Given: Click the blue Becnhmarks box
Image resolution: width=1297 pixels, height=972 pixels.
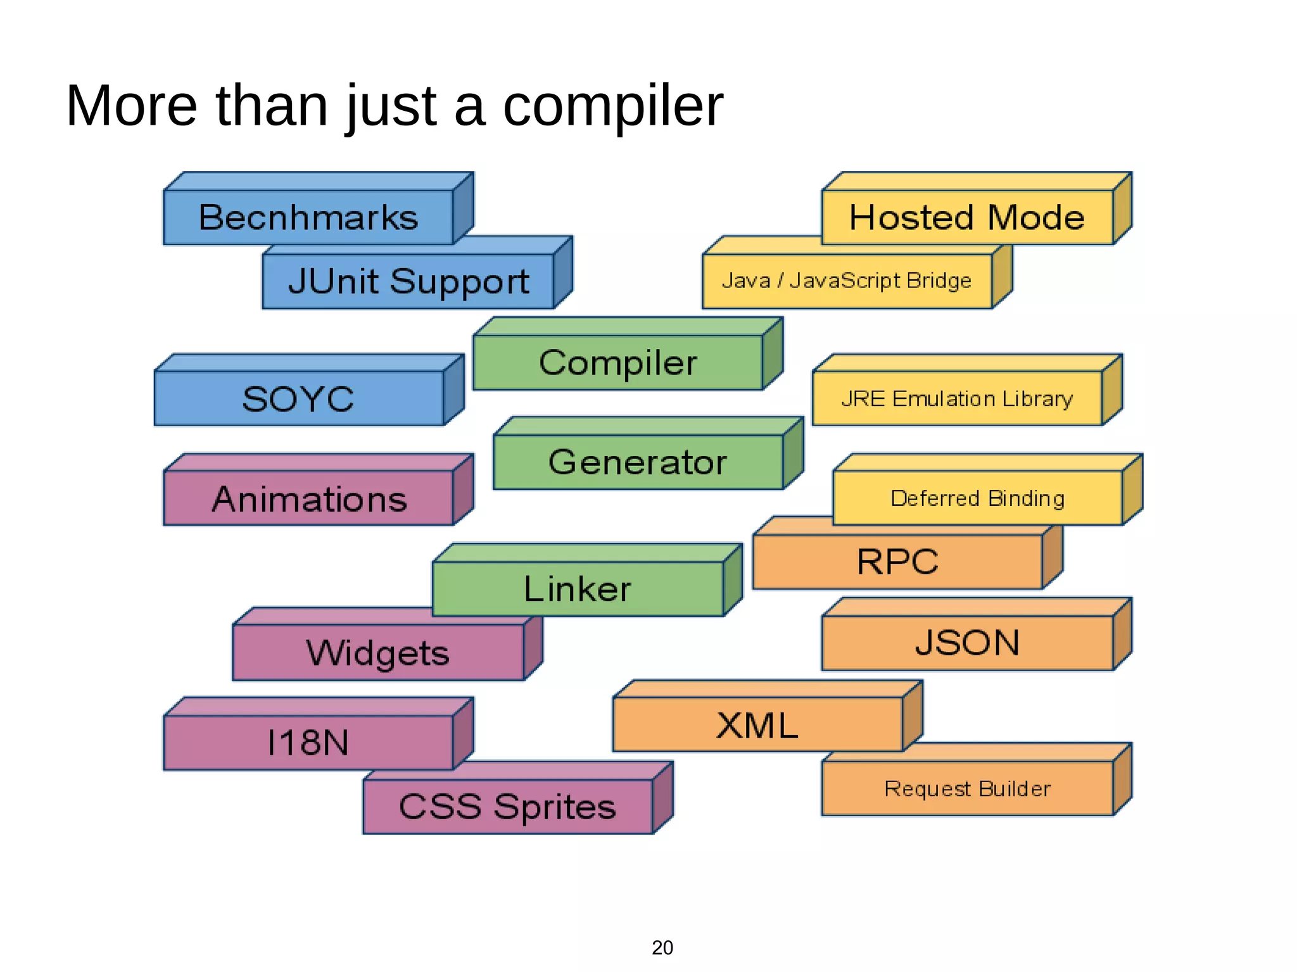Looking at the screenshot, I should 308,217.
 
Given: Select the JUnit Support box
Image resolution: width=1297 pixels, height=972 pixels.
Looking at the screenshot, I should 408,281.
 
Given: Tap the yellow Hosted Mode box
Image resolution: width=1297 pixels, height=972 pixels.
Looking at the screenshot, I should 967,217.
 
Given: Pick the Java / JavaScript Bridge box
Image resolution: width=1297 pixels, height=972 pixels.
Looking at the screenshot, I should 847,281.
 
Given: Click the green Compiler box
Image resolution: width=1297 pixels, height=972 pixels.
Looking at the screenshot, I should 618,362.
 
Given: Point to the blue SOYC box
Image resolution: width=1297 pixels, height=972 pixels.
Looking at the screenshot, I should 298,398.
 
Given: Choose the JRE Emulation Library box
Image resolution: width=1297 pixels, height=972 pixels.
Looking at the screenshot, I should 957,398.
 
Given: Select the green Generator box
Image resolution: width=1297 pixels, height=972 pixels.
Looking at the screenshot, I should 638,462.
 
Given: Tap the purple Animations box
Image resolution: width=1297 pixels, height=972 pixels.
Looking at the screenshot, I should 308,498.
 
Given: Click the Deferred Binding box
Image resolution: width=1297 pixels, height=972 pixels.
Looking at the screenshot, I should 977,498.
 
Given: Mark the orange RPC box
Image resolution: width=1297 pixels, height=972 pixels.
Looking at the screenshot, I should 897,562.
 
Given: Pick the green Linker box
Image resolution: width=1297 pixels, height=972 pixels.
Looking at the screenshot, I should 578,589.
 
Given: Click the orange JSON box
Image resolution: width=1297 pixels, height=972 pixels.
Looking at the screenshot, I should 967,643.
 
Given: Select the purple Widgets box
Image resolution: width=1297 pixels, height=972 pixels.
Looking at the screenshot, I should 378,653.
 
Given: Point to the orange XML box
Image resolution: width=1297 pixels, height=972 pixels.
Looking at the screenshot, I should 757,725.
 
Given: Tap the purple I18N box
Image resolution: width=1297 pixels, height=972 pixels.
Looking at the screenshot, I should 308,742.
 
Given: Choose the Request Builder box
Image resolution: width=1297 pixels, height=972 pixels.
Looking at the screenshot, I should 967,788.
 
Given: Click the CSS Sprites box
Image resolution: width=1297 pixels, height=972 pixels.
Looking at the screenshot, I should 507,807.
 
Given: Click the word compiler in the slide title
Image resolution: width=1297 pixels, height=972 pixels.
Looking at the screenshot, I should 612,106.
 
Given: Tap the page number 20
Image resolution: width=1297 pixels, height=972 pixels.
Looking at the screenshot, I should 662,947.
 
